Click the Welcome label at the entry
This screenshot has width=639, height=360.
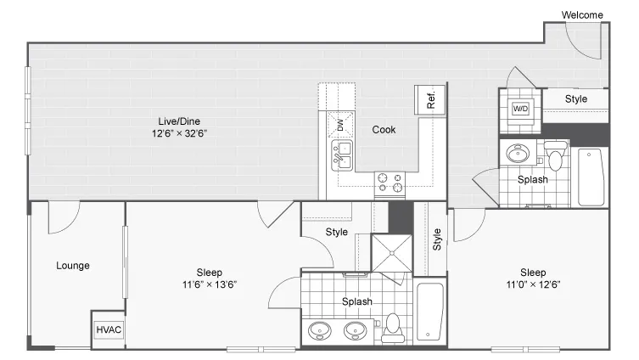(582, 15)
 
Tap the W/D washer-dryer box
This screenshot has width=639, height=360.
(520, 109)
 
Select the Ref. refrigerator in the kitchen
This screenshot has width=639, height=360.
(429, 100)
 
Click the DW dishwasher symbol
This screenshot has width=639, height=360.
(340, 125)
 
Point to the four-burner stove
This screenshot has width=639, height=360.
(390, 183)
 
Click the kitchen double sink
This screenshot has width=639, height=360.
(342, 155)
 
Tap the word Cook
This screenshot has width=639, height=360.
(384, 130)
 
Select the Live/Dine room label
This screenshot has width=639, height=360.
(179, 121)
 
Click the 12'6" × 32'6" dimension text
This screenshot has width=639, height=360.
(179, 133)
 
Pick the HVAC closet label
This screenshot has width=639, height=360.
(109, 329)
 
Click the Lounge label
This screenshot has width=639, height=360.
(73, 266)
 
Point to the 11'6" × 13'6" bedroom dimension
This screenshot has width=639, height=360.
(210, 284)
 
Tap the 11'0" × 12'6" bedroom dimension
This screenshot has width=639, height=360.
(533, 284)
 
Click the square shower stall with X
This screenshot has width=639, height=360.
(392, 253)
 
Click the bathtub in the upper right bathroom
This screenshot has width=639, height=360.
(591, 177)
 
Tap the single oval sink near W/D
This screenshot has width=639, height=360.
(518, 154)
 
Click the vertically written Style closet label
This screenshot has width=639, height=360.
(437, 239)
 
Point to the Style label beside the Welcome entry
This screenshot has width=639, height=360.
(576, 99)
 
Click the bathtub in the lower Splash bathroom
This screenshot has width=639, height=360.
(430, 312)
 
